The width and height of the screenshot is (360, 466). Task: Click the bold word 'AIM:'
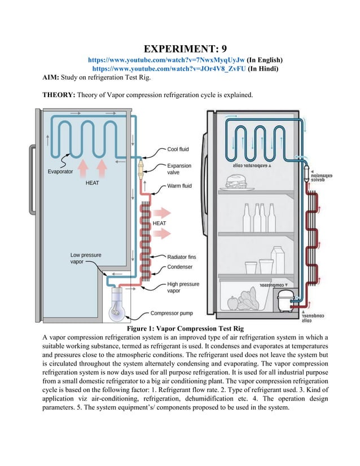[54, 78]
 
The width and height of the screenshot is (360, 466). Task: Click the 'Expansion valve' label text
[179, 170]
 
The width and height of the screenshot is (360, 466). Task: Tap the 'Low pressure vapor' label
[86, 259]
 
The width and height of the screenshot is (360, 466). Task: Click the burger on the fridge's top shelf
[235, 183]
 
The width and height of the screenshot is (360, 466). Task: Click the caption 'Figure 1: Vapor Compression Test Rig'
[180, 329]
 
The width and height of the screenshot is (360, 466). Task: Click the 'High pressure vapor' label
[181, 288]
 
